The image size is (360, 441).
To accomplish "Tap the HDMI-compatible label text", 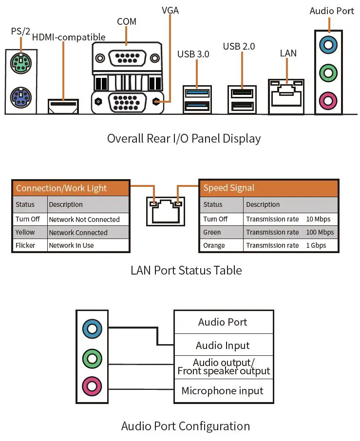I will (69, 37).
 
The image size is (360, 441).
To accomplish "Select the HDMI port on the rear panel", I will (63, 106).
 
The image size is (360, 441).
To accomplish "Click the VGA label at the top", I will (170, 10).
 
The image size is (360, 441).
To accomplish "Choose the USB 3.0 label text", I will (193, 54).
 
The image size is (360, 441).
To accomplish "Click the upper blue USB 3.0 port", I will (197, 92).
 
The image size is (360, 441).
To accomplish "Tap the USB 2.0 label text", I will (239, 46).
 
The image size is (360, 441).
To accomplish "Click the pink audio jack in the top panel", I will (327, 101).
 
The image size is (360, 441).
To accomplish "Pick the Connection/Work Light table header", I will (61, 188).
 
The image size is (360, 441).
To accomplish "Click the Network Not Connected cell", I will (84, 220).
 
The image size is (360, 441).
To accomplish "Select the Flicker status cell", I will (26, 245).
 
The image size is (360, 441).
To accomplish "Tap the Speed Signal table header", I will (229, 188).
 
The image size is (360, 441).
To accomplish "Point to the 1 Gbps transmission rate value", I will (316, 245).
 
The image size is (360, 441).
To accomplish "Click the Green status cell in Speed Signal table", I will (212, 232).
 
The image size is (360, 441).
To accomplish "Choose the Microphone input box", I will (223, 391).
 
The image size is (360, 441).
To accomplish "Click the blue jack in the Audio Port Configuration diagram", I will (92, 329).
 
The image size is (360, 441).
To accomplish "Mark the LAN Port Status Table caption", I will (186, 270).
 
